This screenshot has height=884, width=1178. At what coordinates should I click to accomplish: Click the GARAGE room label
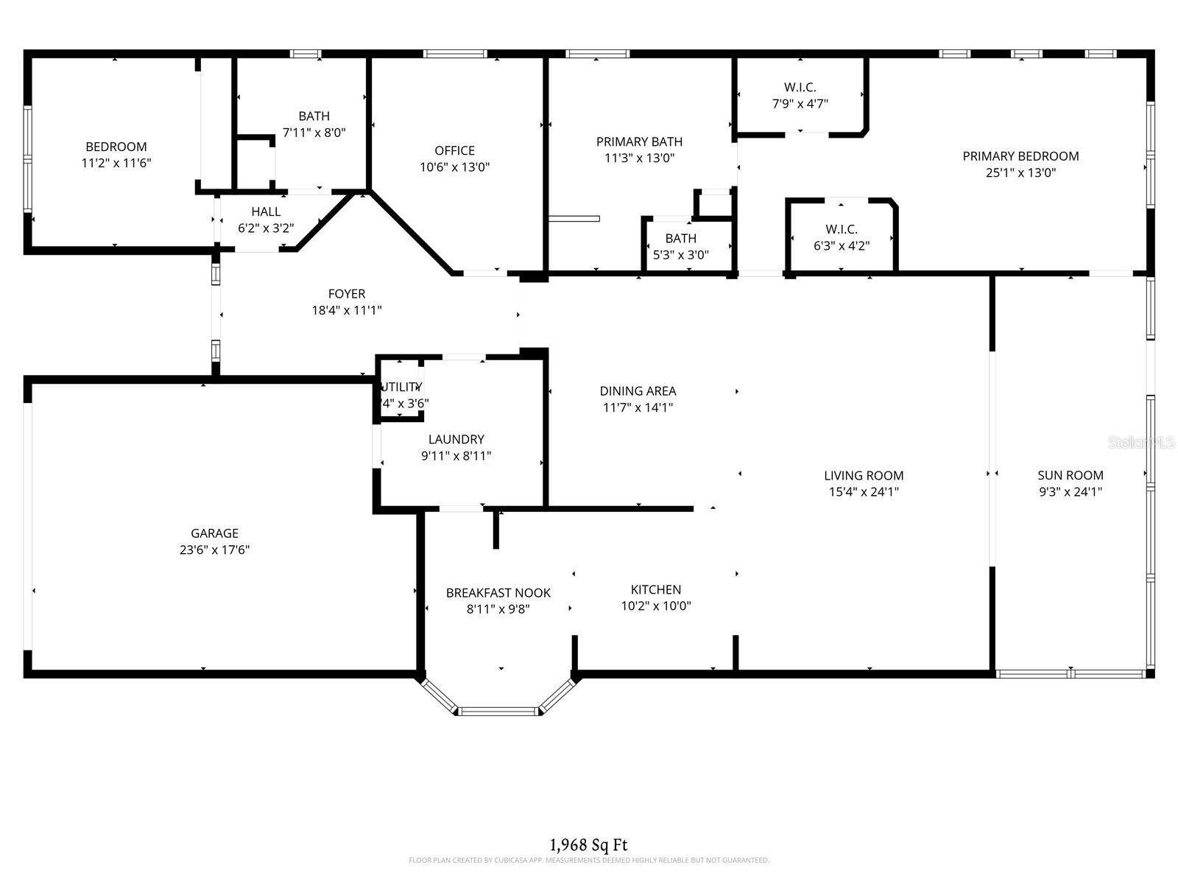(214, 533)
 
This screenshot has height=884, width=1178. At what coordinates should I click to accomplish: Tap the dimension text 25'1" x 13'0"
(1020, 172)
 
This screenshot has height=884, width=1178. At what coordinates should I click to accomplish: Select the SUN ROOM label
(1070, 475)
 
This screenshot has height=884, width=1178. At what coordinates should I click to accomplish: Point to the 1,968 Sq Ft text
(588, 845)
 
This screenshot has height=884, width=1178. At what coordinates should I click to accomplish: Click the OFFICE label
(454, 150)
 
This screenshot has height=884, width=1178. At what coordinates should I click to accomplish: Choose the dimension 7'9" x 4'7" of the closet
(800, 104)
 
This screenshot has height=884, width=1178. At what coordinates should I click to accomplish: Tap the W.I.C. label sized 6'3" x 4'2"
(841, 229)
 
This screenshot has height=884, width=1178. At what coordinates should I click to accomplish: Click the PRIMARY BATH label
(639, 141)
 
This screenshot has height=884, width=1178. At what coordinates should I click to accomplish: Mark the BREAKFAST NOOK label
(498, 593)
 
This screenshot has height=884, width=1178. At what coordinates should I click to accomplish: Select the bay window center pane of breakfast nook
(498, 711)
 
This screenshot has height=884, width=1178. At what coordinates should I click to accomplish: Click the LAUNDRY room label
(456, 439)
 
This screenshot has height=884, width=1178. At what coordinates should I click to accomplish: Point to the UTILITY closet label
(401, 387)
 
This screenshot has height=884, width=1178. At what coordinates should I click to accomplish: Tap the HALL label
(266, 211)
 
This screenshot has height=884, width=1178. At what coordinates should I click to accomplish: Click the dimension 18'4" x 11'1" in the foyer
(346, 310)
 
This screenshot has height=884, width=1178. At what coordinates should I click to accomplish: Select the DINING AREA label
(638, 391)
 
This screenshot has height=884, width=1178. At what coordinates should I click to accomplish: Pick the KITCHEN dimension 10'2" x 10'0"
(655, 606)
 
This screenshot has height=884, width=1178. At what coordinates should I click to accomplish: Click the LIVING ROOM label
(863, 475)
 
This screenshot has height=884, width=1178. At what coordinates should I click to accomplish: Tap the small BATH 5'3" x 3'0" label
(680, 238)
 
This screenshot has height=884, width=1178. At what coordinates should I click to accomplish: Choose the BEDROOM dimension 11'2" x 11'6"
(116, 163)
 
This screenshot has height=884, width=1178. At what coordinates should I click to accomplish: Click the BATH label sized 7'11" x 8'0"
(314, 116)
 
